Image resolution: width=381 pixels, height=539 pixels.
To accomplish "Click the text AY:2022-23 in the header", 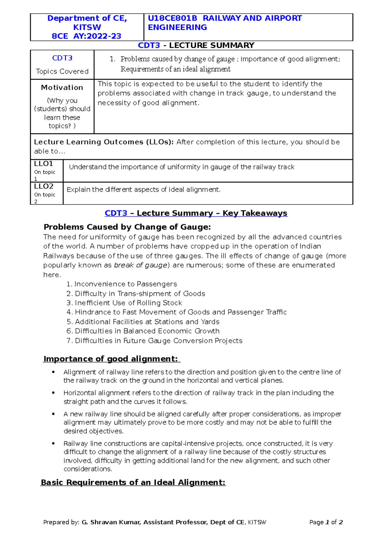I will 97,36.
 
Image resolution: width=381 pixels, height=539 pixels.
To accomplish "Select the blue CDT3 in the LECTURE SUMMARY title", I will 149,45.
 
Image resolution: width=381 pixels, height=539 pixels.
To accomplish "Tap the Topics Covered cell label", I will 62,71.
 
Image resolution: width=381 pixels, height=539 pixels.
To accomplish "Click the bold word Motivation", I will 62,88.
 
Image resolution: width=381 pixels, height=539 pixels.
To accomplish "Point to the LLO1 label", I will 43,164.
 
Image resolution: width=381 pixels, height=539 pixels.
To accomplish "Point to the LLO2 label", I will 44,186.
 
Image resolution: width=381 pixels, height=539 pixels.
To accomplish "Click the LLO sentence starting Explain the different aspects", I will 144,190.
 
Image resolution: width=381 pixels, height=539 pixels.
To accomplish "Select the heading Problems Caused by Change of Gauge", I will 127,227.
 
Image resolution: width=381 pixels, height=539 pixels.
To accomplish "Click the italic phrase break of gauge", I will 140,265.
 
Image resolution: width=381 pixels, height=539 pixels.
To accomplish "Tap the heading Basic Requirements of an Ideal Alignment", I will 133,482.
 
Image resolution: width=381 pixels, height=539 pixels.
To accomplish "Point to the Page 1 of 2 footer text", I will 326,522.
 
